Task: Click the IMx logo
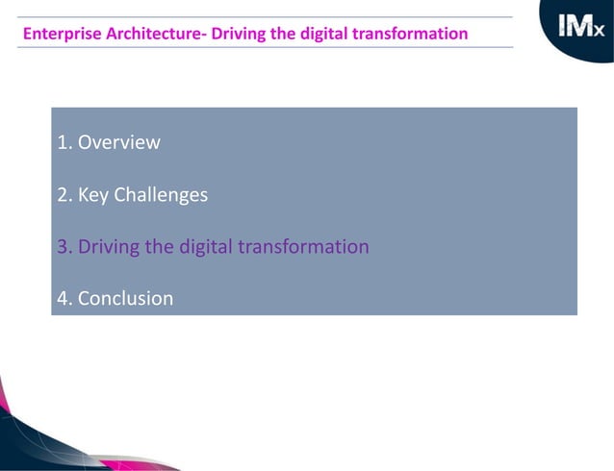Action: tap(581, 30)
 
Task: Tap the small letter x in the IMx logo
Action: tap(599, 34)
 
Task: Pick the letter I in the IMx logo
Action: tap(563, 29)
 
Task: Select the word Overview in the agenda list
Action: tap(118, 143)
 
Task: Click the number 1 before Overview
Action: tap(63, 143)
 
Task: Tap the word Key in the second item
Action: tap(93, 195)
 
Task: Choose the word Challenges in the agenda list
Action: tap(161, 195)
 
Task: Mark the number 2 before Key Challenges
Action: tap(63, 195)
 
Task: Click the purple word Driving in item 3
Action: tap(108, 247)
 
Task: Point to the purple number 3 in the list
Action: tap(63, 247)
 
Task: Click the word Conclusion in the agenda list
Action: tap(125, 299)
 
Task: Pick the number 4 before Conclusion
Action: tap(63, 299)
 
